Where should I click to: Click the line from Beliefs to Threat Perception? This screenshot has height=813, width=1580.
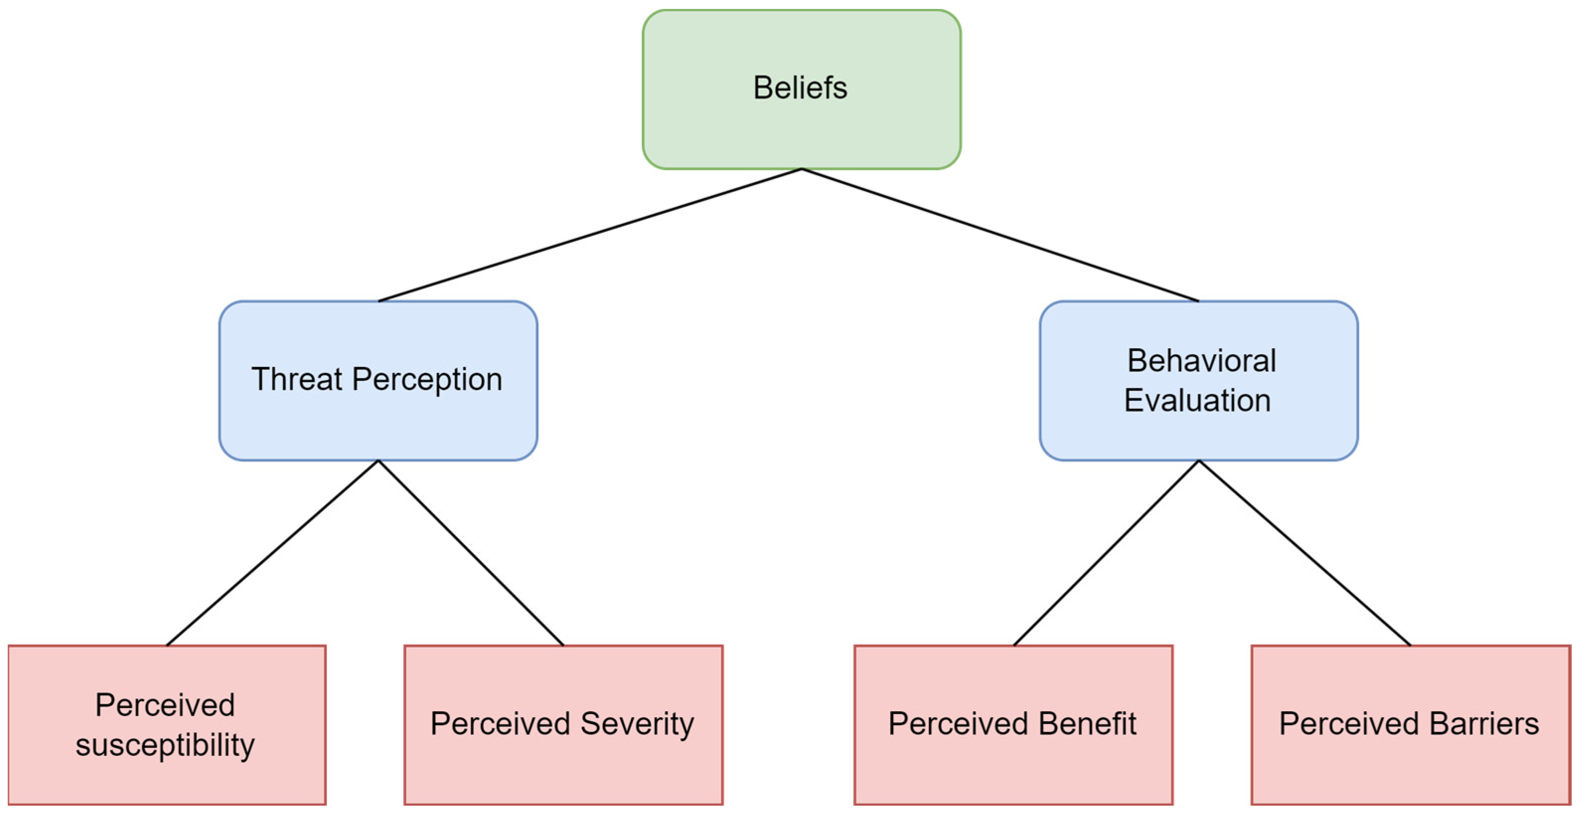(x=590, y=235)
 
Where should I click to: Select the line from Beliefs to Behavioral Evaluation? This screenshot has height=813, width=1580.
(x=1000, y=235)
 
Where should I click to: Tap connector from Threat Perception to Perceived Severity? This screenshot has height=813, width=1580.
(x=470, y=552)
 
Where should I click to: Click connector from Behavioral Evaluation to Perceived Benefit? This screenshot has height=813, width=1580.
(x=1106, y=552)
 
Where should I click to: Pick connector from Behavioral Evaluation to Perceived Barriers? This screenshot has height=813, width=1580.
(x=1304, y=552)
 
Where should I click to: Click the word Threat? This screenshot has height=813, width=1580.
(x=296, y=379)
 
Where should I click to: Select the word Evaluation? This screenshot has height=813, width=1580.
(x=1197, y=400)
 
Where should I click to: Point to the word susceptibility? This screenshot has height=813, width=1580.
(x=165, y=745)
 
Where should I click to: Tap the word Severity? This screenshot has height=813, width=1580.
(x=637, y=724)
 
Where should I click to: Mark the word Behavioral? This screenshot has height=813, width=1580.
(x=1201, y=361)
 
